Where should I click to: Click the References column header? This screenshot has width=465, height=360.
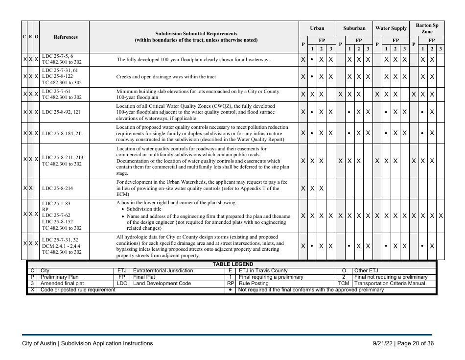click(65, 37)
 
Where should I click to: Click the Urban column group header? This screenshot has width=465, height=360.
click(317, 28)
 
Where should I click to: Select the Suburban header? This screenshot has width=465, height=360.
click(354, 28)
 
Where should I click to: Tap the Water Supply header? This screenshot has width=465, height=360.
click(391, 28)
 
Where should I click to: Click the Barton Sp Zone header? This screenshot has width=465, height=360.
click(427, 28)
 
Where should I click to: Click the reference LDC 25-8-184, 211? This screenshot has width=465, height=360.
click(63, 133)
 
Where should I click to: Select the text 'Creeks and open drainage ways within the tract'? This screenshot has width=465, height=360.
click(166, 77)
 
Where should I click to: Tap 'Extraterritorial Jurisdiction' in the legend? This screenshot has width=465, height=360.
click(163, 271)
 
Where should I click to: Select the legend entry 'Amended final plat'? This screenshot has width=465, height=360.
click(62, 284)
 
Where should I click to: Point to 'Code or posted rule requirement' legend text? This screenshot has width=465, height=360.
click(78, 290)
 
